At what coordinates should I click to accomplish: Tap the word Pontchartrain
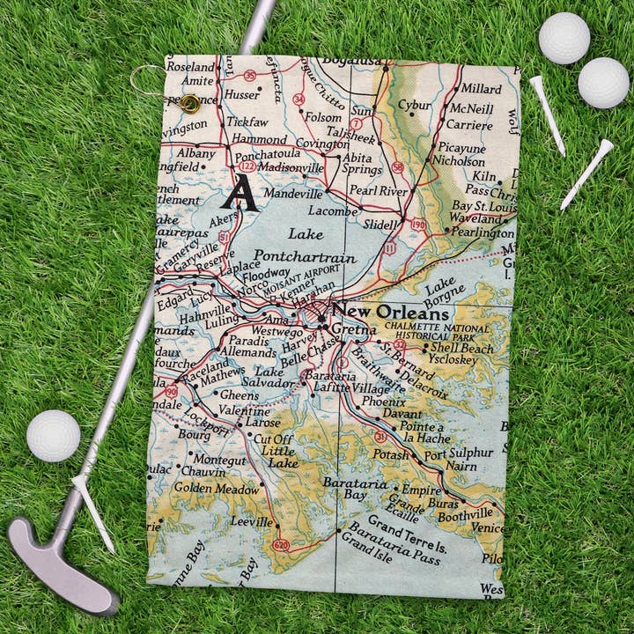(x=305, y=257)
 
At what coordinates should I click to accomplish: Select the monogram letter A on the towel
(x=239, y=193)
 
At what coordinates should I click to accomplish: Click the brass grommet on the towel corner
(x=189, y=103)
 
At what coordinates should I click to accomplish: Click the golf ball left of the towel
(x=53, y=435)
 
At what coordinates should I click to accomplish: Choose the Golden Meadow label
(x=217, y=487)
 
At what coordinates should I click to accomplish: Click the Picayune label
(x=462, y=148)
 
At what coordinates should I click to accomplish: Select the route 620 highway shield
(x=281, y=545)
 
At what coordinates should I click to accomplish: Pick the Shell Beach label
(x=461, y=347)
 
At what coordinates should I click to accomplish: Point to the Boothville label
(x=464, y=513)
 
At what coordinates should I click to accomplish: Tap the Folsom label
(x=323, y=116)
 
